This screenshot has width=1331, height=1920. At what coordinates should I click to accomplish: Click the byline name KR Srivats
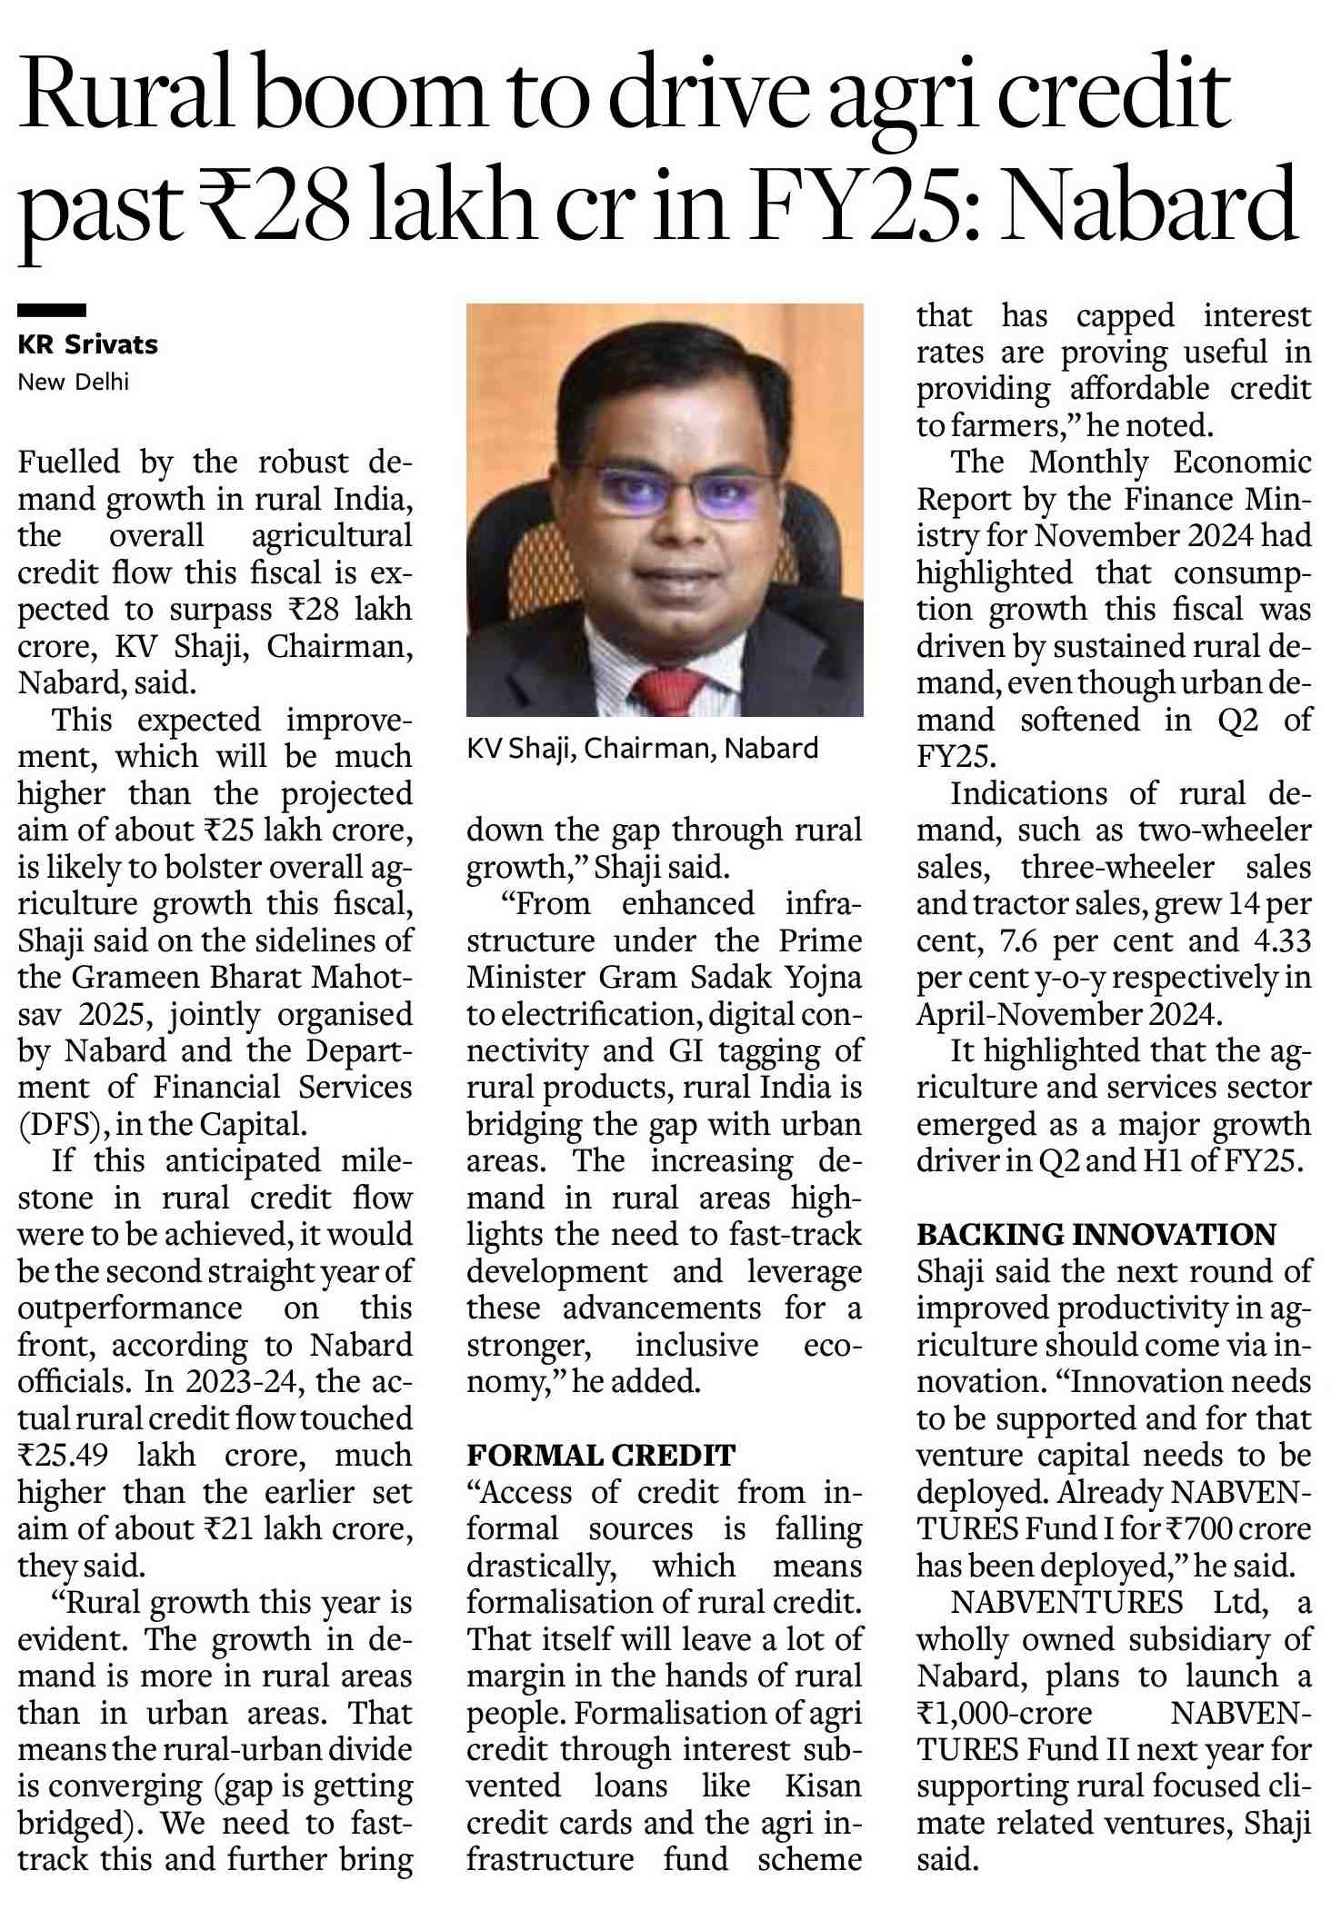(87, 344)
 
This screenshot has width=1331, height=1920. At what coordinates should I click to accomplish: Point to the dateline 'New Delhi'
(73, 382)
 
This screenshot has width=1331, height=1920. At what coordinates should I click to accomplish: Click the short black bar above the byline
(52, 311)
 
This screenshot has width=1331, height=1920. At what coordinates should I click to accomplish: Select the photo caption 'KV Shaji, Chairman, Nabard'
(642, 748)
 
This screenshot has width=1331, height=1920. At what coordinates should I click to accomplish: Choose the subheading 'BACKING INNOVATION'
(1096, 1234)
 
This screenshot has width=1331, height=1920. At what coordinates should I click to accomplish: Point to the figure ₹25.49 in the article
(64, 1455)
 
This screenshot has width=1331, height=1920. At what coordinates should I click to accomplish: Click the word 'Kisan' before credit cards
(823, 1786)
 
